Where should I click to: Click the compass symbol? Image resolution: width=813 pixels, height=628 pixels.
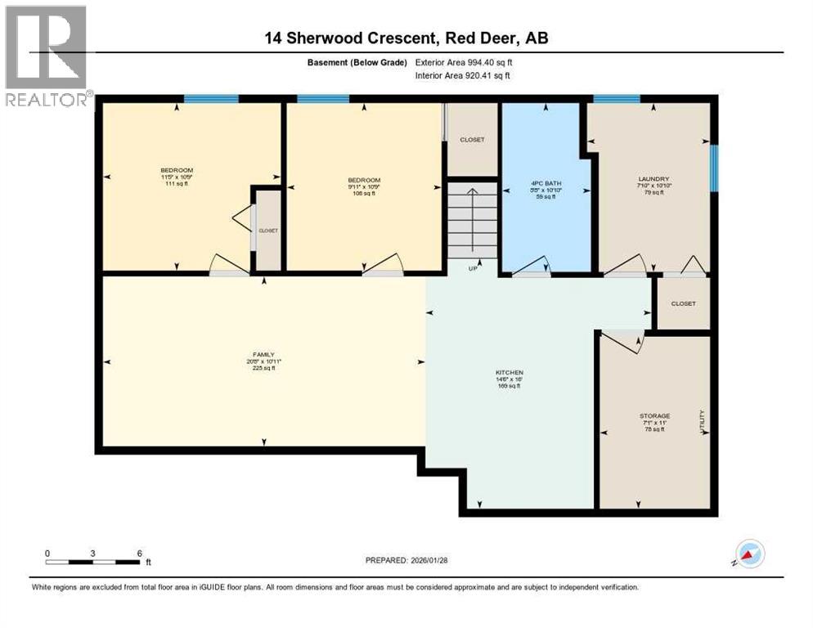[749, 554]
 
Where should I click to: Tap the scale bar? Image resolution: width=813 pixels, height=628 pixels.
[93, 562]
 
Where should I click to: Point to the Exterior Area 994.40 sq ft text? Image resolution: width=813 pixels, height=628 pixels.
[464, 62]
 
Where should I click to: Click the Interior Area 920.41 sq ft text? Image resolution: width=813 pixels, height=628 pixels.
[463, 75]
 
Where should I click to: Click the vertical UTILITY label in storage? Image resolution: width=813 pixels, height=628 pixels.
[701, 421]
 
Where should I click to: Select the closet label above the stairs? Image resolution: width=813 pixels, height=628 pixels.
[472, 140]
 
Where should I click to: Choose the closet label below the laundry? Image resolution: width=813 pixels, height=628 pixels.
[683, 303]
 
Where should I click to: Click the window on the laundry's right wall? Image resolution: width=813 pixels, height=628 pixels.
[714, 168]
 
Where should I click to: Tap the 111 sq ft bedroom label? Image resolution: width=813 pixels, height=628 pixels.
[177, 177]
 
